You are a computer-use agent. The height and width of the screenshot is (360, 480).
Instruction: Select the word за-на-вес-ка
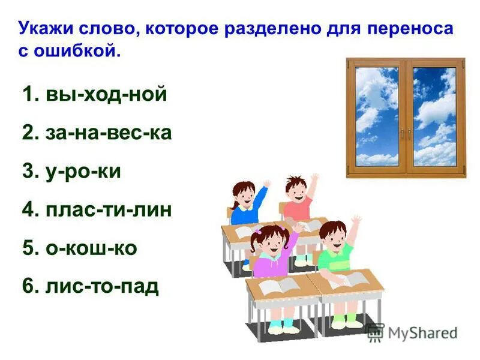pyautogui.click(x=109, y=133)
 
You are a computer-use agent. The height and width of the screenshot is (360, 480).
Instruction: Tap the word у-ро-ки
pyautogui.click(x=83, y=171)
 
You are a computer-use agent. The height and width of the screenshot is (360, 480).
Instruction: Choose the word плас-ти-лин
pyautogui.click(x=109, y=209)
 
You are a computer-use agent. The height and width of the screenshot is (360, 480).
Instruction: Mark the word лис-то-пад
pyautogui.click(x=102, y=286)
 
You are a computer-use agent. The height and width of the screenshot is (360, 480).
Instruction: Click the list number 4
pyautogui.click(x=29, y=209)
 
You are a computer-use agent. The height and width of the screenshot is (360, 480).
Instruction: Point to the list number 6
pyautogui.click(x=29, y=286)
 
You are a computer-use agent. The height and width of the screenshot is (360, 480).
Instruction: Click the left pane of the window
pyautogui.click(x=377, y=116)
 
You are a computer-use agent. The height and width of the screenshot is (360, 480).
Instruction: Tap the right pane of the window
pyautogui.click(x=434, y=116)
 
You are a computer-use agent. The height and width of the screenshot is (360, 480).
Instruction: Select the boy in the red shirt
pyautogui.click(x=296, y=198)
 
